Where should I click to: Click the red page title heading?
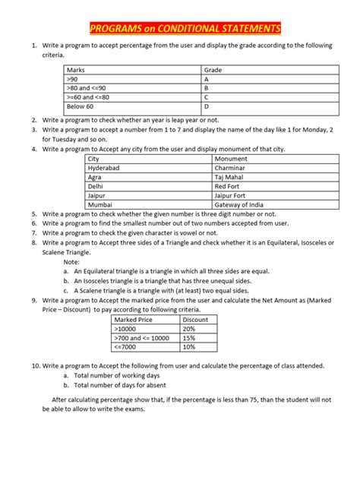185,30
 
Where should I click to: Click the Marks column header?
77,70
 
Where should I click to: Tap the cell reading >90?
73,79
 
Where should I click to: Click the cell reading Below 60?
81,106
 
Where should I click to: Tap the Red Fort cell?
227,185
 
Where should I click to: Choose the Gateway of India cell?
241,204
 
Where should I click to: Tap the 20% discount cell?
189,329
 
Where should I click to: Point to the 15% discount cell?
189,338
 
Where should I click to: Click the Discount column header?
195,320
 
